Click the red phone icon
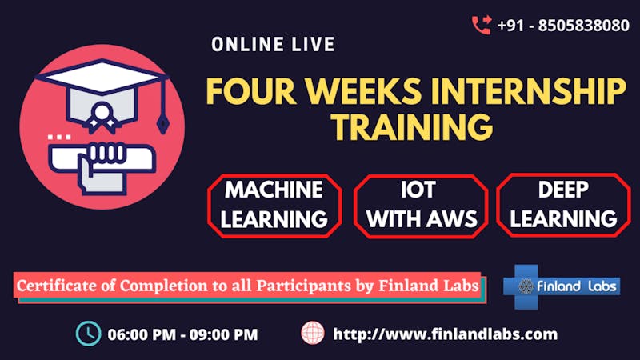click(x=482, y=25)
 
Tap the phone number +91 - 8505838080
click(x=563, y=26)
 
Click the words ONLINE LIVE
click(x=273, y=45)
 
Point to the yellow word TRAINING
click(x=412, y=127)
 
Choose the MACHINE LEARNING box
click(x=274, y=206)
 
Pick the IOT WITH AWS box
click(x=421, y=206)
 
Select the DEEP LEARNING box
click(x=563, y=205)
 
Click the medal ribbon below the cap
click(x=102, y=118)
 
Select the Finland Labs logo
click(x=562, y=286)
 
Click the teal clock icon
click(x=89, y=334)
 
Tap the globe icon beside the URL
click(x=313, y=333)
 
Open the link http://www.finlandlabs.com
click(x=446, y=334)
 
